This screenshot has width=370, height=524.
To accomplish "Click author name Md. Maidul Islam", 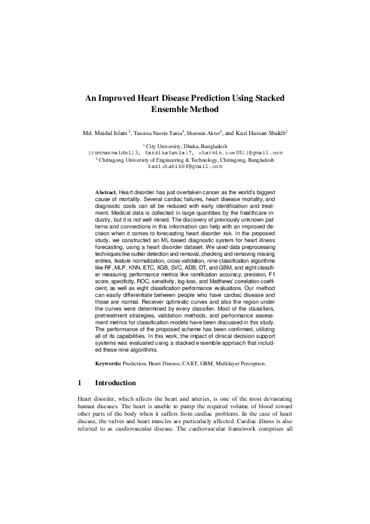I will point(104,133).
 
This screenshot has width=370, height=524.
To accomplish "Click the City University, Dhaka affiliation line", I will point(185,145).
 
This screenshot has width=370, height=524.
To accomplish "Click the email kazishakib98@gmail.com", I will point(185,167).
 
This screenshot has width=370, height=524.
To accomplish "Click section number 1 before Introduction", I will point(80,382).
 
